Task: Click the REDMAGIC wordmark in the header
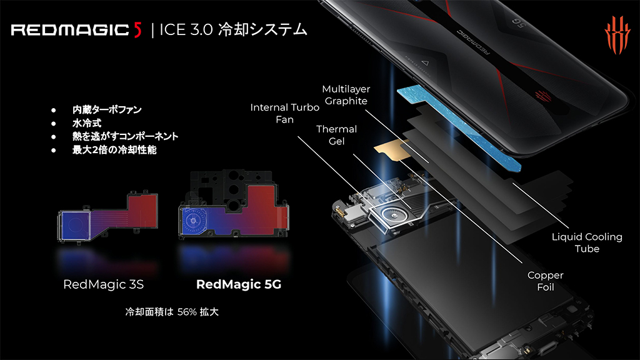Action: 70,30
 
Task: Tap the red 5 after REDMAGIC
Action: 137,30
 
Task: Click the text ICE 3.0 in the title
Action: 186,30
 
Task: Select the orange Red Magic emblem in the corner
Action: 617,35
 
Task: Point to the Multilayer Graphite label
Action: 346,95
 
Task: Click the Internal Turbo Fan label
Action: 284,113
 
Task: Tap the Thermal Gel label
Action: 336,135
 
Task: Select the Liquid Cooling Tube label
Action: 587,242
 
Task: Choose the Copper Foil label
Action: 545,281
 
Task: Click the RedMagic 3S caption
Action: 103,284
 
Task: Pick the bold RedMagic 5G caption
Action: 239,284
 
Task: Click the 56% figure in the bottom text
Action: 187,312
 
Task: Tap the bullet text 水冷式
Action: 86,123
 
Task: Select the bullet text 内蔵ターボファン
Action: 107,109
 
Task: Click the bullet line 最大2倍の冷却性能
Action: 114,150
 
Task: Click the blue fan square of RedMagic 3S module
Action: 74,224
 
